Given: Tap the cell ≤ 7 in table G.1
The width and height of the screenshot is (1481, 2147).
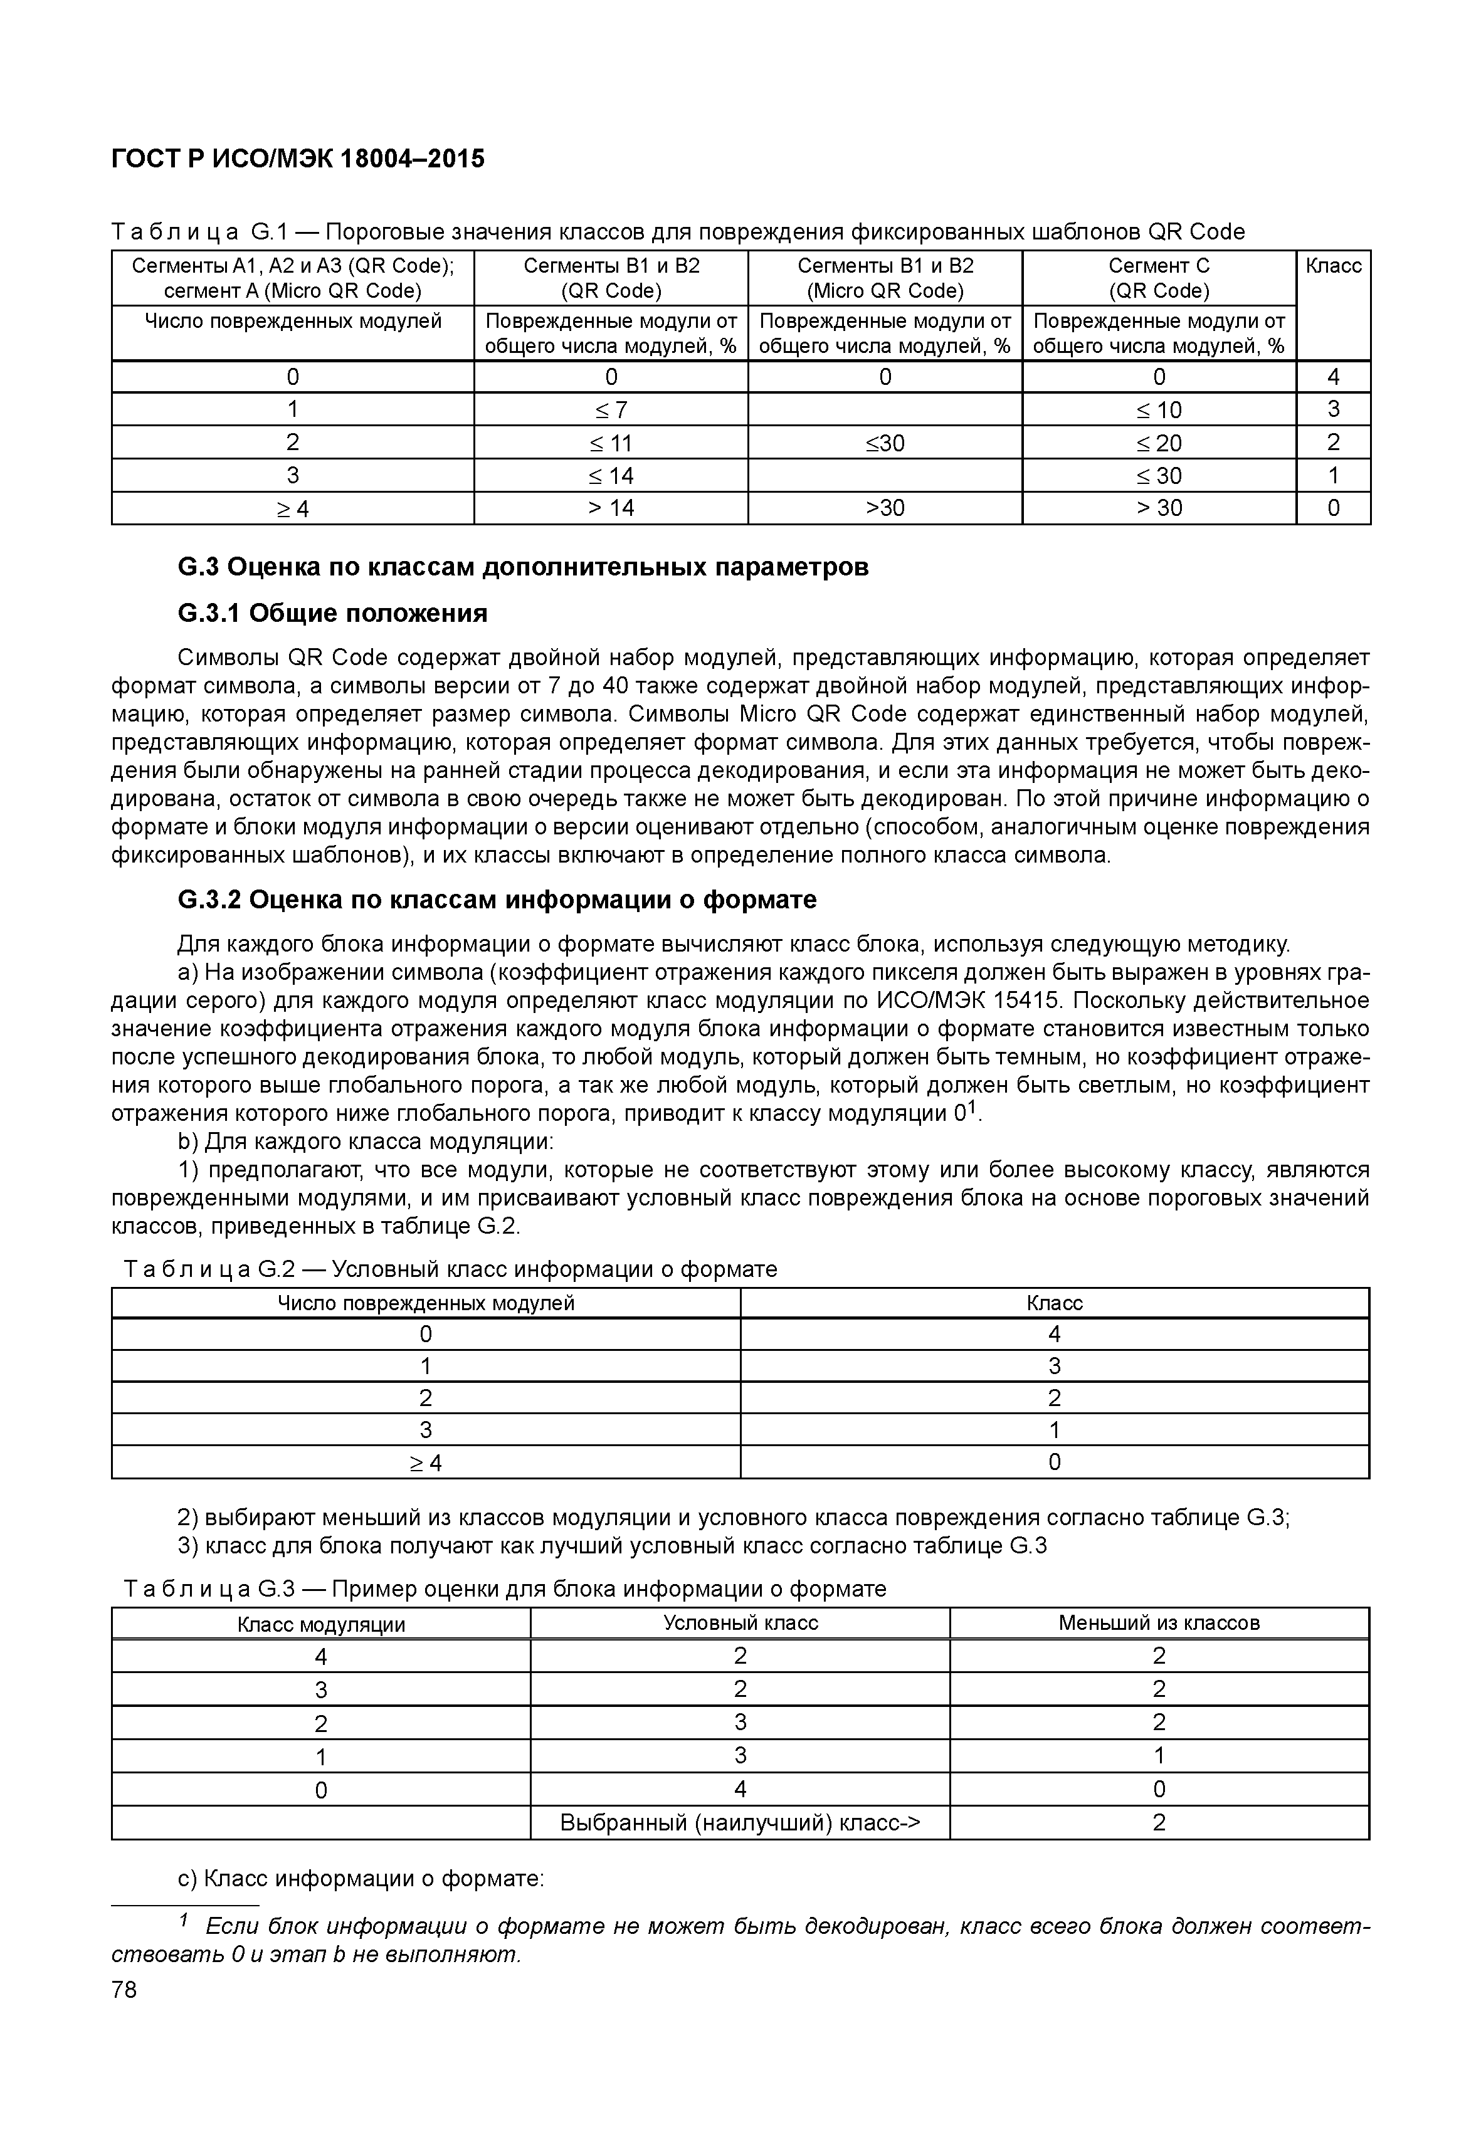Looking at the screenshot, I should click(x=611, y=410).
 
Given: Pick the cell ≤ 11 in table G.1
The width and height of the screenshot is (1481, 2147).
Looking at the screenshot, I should click(x=611, y=443).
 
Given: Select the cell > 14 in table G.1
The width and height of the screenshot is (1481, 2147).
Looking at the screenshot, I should click(x=611, y=508).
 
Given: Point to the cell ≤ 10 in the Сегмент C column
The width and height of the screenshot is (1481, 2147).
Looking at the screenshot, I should click(x=1158, y=410).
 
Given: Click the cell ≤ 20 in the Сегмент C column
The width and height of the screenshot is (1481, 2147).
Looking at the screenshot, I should click(x=1158, y=443).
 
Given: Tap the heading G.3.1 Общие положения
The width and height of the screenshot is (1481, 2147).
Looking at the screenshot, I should click(x=332, y=613).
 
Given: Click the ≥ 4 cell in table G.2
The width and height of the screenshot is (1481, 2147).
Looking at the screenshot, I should click(x=426, y=1463).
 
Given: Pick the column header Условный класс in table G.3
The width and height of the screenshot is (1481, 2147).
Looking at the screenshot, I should click(x=740, y=1623).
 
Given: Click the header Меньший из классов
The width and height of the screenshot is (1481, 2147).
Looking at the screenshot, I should click(x=1158, y=1623).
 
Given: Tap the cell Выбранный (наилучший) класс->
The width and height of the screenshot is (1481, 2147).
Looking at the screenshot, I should click(x=740, y=1823).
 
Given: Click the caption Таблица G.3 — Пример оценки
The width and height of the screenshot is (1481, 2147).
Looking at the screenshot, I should click(x=506, y=1589).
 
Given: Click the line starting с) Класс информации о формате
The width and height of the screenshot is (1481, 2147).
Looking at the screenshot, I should click(x=361, y=1879).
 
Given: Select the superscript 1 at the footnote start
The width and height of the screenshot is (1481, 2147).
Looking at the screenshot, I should click(x=184, y=1918).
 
